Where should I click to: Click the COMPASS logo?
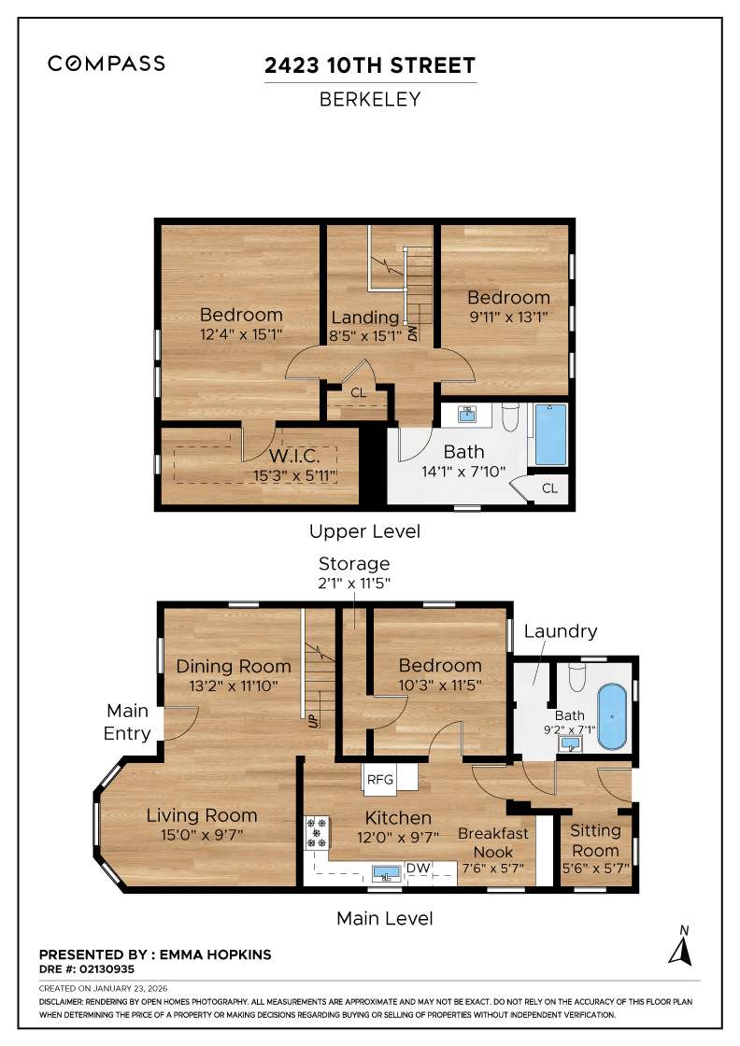(107, 64)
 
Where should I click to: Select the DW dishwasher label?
(418, 869)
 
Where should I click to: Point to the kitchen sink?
(386, 873)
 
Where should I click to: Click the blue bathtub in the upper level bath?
(550, 435)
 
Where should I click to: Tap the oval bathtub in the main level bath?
(612, 716)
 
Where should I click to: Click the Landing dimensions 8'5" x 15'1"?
(365, 335)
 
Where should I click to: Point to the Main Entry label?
(127, 724)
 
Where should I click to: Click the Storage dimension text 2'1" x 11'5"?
(354, 583)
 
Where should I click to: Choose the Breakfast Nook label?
(493, 842)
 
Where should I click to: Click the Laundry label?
(560, 631)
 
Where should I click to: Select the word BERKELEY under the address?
(370, 100)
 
